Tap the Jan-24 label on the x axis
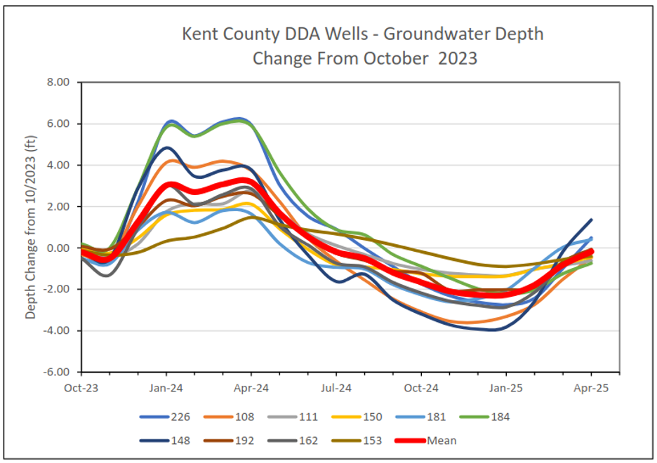click(x=167, y=387)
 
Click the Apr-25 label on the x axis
click(x=591, y=387)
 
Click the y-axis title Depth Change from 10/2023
click(x=31, y=228)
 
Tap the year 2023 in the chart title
click(x=458, y=58)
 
